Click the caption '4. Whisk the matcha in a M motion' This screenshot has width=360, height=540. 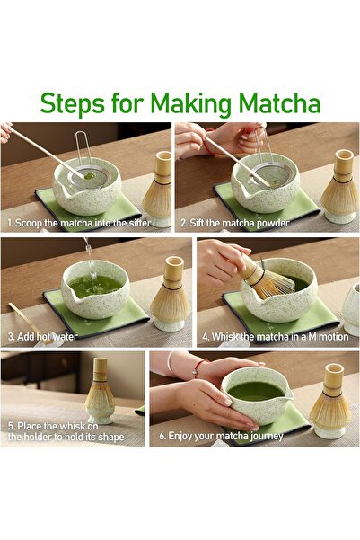pos(274,337)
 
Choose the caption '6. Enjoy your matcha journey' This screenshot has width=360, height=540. pos(222,436)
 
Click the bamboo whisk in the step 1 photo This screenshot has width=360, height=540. pos(158,185)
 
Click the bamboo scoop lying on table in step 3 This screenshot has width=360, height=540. pos(24,314)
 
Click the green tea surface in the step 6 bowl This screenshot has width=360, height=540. pos(255,390)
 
